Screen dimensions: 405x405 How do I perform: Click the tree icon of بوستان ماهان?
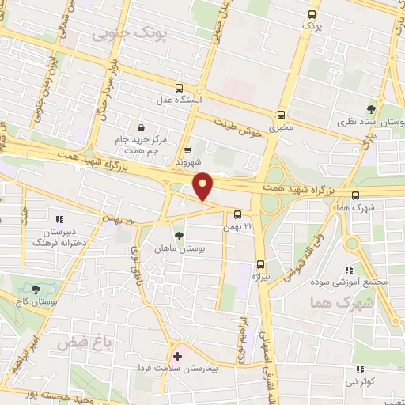(x=180, y=235)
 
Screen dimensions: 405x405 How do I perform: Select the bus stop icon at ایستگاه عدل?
(x=180, y=88)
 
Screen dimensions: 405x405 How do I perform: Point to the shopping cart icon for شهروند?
(x=187, y=150)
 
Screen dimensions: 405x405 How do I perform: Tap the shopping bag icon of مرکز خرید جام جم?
(x=141, y=127)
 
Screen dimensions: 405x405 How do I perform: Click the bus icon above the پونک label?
(x=312, y=14)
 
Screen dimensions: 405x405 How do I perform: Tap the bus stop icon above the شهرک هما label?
(x=355, y=195)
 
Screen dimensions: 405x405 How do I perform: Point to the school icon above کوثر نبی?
(x=361, y=369)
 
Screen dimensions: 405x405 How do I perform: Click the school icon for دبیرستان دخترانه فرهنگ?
(x=57, y=219)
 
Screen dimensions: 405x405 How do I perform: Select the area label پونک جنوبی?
(x=119, y=33)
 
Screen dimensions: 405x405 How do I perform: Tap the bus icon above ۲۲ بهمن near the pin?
(x=237, y=214)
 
